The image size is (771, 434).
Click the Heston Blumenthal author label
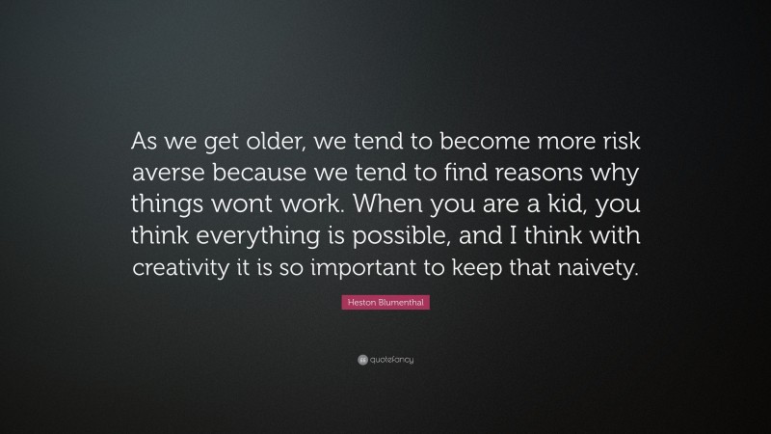click(385, 303)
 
